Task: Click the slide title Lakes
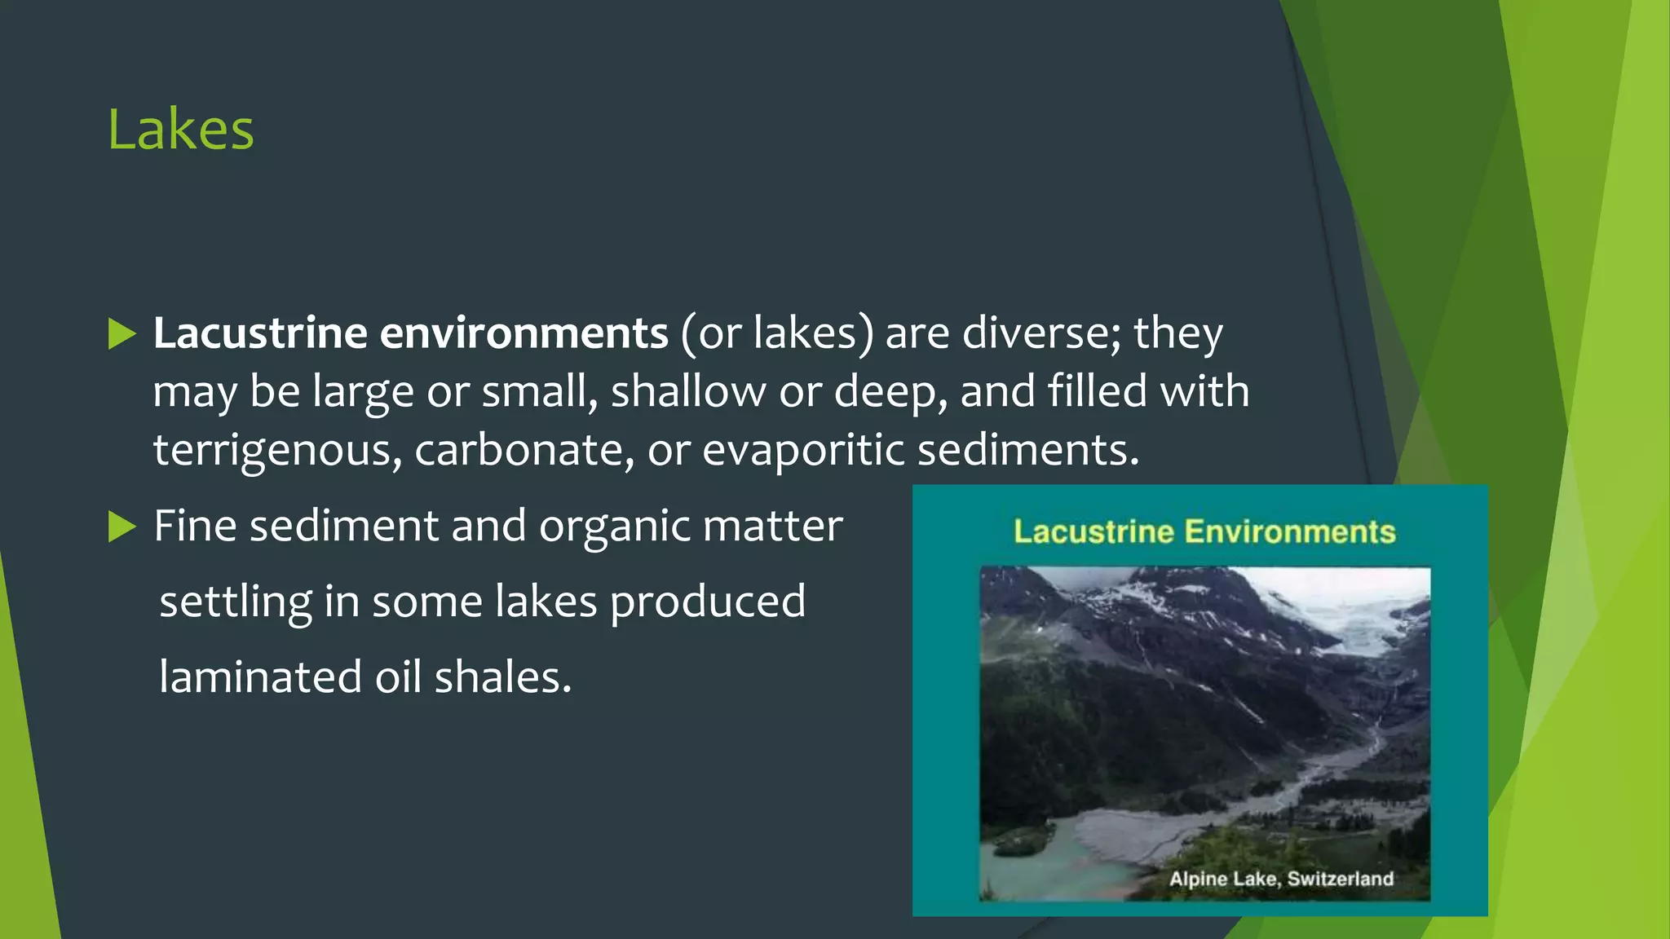pos(181,130)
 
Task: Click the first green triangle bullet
pos(121,334)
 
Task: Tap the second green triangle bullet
pos(121,527)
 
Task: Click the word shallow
pos(687,392)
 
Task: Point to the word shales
pos(502,677)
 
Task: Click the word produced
pos(707,602)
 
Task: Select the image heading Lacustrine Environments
pos(1204,532)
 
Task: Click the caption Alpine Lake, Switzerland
pos(1281,879)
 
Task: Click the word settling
pos(236,602)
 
